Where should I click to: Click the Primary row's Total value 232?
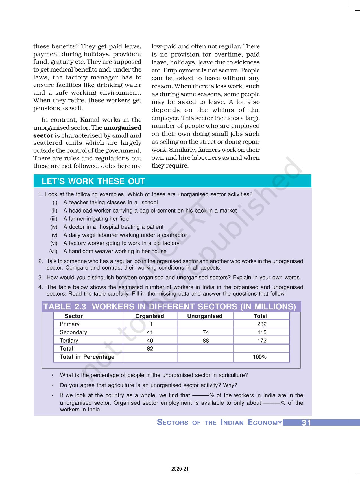(x=262, y=324)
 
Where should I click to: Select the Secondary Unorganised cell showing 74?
(x=206, y=332)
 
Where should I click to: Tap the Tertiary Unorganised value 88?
(x=206, y=341)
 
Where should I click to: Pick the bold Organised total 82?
(x=150, y=349)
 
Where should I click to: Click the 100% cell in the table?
(x=259, y=357)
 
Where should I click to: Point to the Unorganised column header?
(x=205, y=316)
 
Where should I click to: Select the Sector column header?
(x=73, y=316)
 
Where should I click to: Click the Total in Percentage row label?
(x=87, y=357)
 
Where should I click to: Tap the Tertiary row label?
(x=69, y=341)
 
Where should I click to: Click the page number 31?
(x=306, y=423)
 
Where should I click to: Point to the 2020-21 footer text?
(x=180, y=469)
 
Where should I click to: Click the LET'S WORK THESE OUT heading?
(x=93, y=181)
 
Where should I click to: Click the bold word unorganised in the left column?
(x=123, y=128)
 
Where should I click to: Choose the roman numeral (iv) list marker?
(x=54, y=227)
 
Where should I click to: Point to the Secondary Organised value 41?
(x=150, y=332)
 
